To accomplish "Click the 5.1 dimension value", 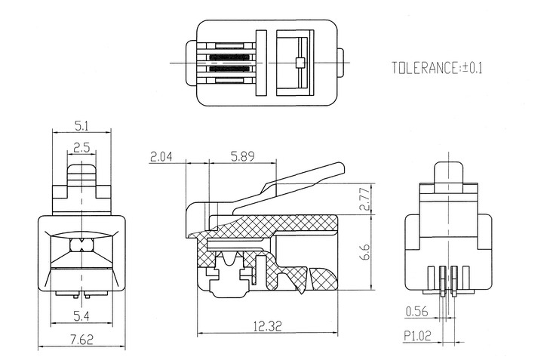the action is (81, 126).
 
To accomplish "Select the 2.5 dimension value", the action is (81, 148).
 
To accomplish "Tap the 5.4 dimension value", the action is (81, 316).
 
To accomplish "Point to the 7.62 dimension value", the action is (81, 339).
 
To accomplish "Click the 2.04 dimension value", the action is (161, 157).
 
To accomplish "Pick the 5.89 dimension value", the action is (243, 156).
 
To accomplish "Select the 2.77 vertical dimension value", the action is (365, 198).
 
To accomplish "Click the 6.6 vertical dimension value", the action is (365, 252).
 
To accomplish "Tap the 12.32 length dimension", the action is (267, 326).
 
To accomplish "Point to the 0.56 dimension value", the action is (417, 311).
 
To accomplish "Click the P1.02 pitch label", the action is (417, 336).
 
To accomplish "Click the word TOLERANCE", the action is (425, 68).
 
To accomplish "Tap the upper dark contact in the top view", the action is (229, 57).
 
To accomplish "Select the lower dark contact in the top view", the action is (229, 69).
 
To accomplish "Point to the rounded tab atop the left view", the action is (81, 174).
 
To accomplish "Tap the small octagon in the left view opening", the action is (81, 245).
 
